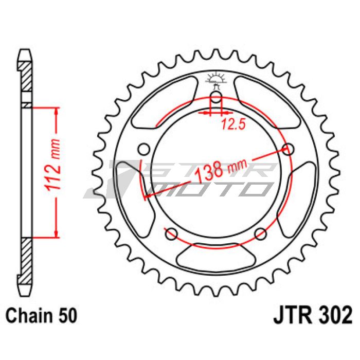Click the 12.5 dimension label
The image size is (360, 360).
point(233,124)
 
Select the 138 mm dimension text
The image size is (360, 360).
point(221,169)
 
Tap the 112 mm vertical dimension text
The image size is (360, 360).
point(53,165)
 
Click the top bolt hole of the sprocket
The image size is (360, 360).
point(215,97)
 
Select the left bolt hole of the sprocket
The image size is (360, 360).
point(144,149)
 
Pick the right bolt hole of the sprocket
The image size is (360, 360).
point(289,150)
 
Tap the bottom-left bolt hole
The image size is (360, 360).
point(171,233)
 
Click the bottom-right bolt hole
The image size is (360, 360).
point(261,233)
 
